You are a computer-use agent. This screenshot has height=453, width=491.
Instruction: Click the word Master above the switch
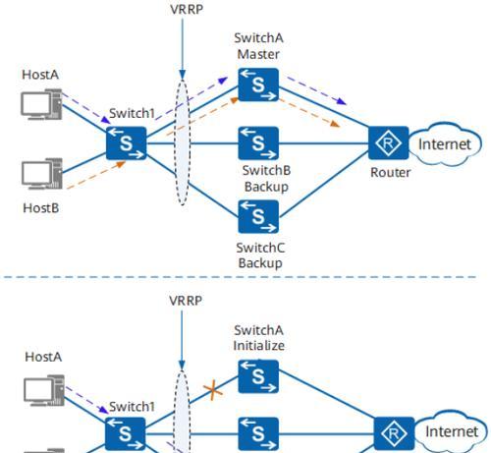click(258, 54)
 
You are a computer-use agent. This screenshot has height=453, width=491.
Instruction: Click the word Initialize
click(258, 346)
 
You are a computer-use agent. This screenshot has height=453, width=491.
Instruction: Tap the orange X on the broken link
click(213, 390)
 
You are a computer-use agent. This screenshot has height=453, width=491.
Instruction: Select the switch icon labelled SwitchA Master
click(258, 85)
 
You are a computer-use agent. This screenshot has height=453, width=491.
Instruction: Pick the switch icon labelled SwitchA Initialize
click(258, 376)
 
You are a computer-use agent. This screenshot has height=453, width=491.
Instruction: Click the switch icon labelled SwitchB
click(258, 143)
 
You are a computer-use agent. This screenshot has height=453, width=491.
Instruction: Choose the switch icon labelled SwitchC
click(258, 216)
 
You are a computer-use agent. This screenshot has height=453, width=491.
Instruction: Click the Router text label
click(390, 172)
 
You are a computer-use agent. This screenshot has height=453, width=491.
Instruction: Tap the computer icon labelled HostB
click(42, 174)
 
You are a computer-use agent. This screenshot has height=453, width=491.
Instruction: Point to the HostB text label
click(41, 208)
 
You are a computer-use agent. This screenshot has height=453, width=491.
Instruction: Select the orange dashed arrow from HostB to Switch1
click(96, 175)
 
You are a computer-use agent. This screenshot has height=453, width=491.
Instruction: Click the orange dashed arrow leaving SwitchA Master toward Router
click(309, 113)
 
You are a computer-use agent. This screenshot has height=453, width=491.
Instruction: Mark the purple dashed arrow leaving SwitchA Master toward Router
click(316, 90)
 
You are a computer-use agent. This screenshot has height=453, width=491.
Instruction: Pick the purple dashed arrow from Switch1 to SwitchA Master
click(191, 98)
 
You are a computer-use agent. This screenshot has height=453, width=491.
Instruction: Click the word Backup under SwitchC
click(260, 262)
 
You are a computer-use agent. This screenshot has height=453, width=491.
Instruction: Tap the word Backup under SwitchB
click(266, 187)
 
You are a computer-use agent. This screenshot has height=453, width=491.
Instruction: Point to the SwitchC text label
click(260, 248)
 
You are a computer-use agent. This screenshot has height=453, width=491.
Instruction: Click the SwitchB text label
click(266, 170)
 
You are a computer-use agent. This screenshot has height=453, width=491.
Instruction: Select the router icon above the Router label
click(388, 142)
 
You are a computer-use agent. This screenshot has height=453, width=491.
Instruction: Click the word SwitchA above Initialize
click(258, 330)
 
